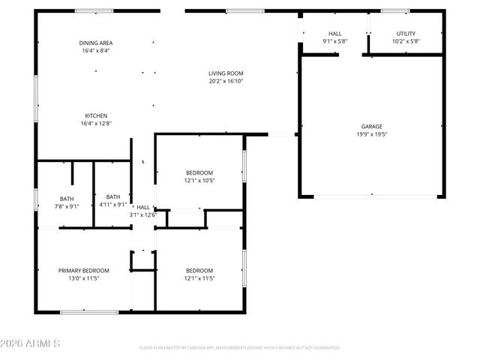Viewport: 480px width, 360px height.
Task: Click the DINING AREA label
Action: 95,43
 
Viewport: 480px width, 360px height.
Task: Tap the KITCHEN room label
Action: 95,115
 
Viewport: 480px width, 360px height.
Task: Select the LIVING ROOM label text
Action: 226,73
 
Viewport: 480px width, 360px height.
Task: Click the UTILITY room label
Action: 406,34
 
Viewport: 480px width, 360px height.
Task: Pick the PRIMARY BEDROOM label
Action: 84,271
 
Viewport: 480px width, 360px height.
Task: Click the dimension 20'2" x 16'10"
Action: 226,82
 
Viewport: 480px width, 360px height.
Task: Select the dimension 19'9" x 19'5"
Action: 370,134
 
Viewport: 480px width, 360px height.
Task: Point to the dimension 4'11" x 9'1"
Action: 112,205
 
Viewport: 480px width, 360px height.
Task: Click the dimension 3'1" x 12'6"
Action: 142,215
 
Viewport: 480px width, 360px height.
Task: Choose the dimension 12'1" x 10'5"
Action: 199,181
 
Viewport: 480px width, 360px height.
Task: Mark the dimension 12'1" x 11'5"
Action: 199,279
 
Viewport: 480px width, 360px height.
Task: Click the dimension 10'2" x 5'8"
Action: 406,42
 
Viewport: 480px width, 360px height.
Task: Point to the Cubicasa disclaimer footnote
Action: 240,348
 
